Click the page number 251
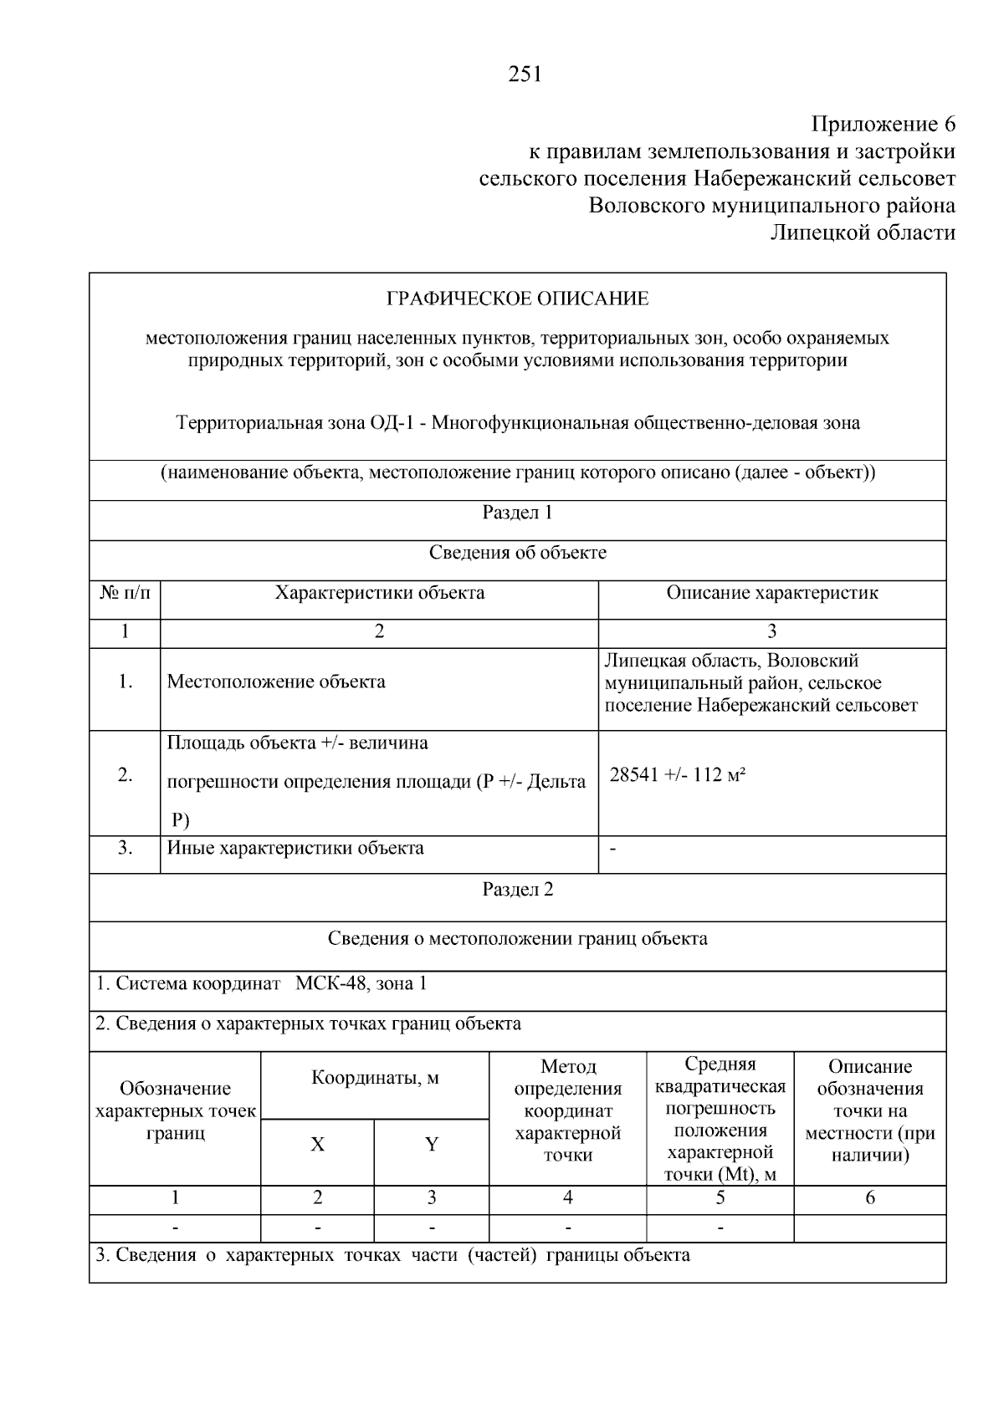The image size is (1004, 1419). coord(525,74)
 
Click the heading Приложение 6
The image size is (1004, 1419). coord(883,125)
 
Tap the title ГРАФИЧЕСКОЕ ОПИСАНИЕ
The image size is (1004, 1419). coord(517,299)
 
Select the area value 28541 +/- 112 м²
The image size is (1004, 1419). coord(677,775)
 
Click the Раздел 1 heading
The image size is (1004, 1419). coord(517,513)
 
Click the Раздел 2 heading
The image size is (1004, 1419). coord(517,889)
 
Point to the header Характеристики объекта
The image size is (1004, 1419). coord(380,593)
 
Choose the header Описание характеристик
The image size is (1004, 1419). coord(771,593)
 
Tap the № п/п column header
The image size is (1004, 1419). coord(125,593)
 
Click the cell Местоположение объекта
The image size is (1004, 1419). coord(276,681)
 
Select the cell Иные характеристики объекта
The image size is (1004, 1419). coord(295,848)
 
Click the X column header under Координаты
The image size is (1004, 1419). coord(317,1145)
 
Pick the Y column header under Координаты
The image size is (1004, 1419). coord(431,1145)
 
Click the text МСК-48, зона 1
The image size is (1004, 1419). coord(361,983)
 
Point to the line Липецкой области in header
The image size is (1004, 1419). coord(862,232)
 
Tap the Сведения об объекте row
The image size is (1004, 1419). coord(517,553)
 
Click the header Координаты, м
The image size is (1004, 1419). coord(375,1078)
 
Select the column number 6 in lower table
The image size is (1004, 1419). coord(869,1197)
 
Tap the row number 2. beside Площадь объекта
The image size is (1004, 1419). coord(125,775)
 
